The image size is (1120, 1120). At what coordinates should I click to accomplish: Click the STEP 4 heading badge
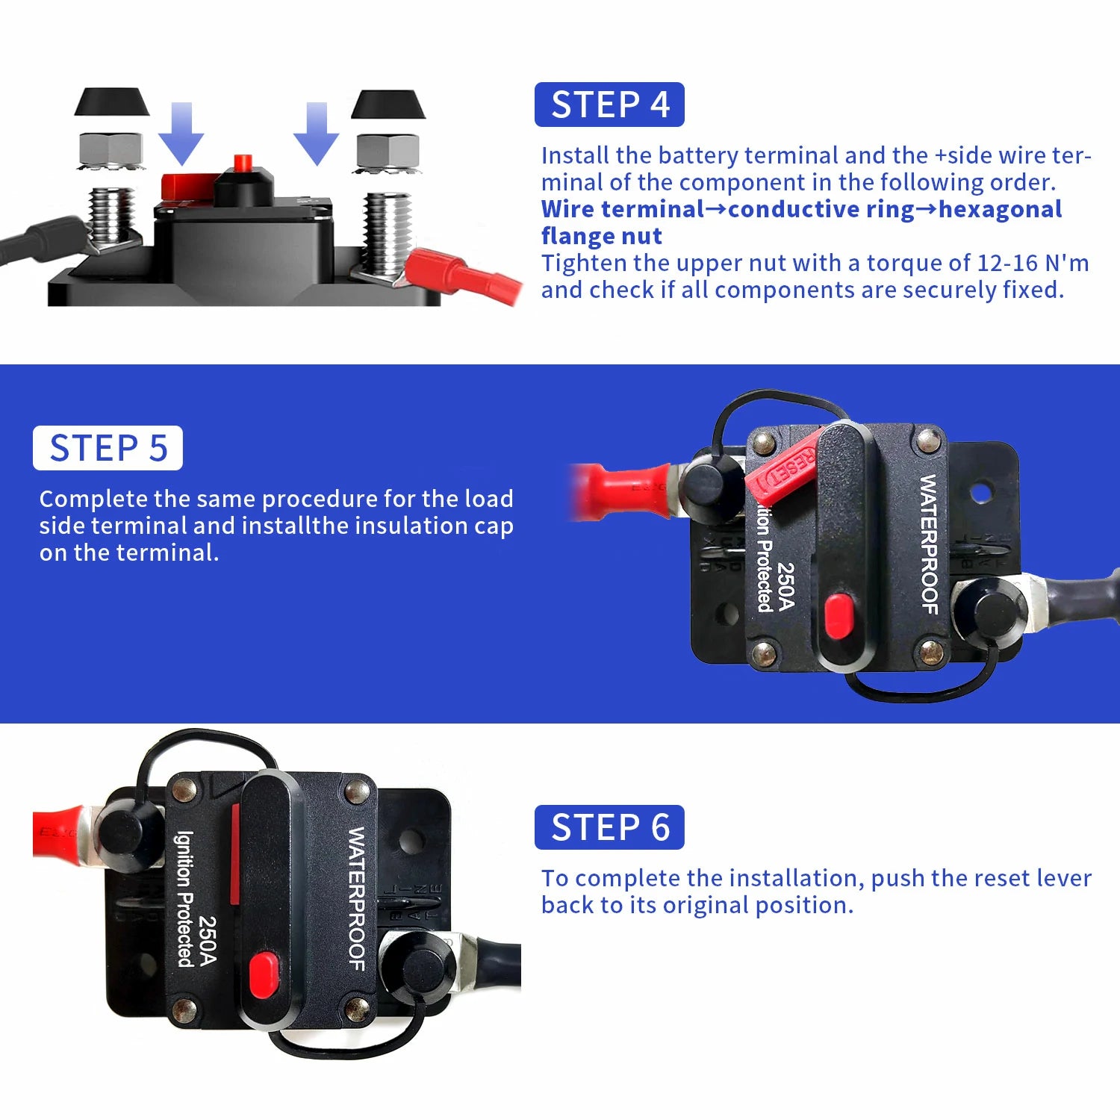[x=609, y=105]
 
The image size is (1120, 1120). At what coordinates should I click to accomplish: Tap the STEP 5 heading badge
[x=108, y=448]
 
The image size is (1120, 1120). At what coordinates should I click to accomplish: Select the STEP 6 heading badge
[x=609, y=827]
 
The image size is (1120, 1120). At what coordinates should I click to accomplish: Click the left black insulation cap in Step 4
[x=111, y=102]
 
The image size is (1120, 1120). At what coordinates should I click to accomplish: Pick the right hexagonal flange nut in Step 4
[x=388, y=152]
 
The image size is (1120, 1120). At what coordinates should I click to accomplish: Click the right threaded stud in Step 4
[x=388, y=231]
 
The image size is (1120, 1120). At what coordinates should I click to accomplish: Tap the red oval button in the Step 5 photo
[x=838, y=617]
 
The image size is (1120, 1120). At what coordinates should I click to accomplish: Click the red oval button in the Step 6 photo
[x=263, y=975]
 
